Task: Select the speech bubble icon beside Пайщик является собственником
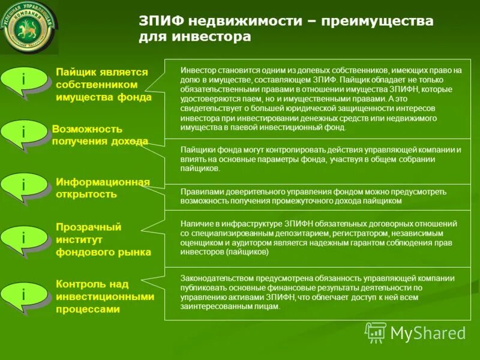coord(24,80)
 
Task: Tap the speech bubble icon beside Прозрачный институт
coord(24,239)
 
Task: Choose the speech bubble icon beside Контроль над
coord(24,295)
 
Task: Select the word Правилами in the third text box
coord(199,191)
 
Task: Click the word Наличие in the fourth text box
coord(196,223)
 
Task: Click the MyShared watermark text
coord(428,333)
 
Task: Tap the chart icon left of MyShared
coord(376,332)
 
